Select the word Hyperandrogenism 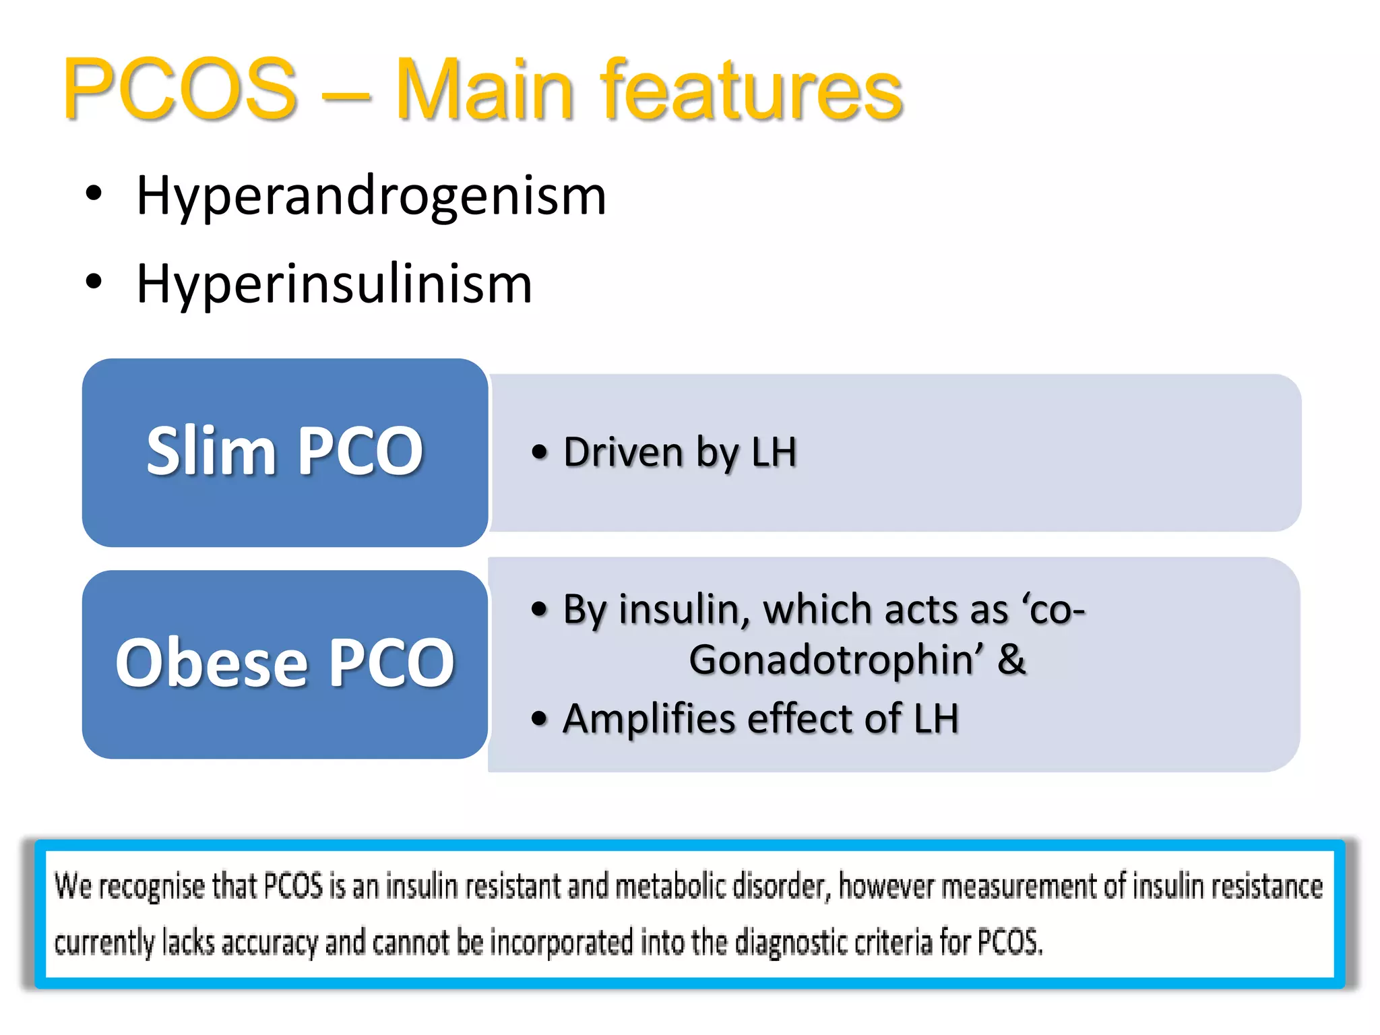tap(371, 196)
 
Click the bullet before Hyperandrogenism tap(94, 193)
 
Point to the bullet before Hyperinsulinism tap(94, 282)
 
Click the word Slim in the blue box tap(210, 451)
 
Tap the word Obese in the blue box tap(212, 663)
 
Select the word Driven tap(623, 452)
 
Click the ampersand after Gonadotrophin tap(1011, 660)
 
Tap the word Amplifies tap(648, 718)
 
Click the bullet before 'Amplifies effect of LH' tap(538, 718)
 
